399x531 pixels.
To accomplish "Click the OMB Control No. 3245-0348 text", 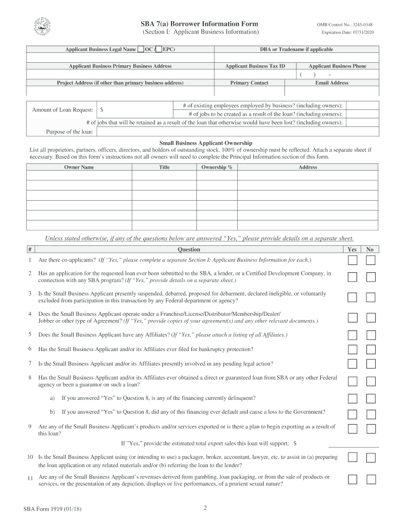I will pyautogui.click(x=345, y=25).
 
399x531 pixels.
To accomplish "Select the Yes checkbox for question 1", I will pyautogui.click(x=352, y=260).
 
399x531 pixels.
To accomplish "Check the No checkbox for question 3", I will pyautogui.click(x=370, y=297).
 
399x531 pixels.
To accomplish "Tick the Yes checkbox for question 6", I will pyautogui.click(x=352, y=349).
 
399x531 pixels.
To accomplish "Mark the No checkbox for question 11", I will pyautogui.click(x=370, y=479).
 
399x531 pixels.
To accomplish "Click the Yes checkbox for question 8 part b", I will pyautogui.click(x=352, y=414).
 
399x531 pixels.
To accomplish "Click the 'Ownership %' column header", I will pyautogui.click(x=217, y=167).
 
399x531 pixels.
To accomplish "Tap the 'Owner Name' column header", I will pyautogui.click(x=79, y=167).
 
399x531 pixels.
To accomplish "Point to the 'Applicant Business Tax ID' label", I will pyautogui.click(x=255, y=66).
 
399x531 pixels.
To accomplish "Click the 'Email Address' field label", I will pyautogui.click(x=332, y=82).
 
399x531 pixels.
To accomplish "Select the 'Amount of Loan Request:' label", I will pyautogui.click(x=63, y=110).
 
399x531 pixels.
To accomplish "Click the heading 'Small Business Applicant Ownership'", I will pyautogui.click(x=206, y=143).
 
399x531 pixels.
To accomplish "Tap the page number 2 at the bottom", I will pyautogui.click(x=205, y=508).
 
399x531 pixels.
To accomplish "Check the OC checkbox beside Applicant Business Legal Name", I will pyautogui.click(x=141, y=49).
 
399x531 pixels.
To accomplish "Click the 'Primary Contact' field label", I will pyautogui.click(x=249, y=82).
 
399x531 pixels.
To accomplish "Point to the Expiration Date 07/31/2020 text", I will pyautogui.click(x=347, y=33).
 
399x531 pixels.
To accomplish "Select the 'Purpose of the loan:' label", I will pyautogui.click(x=70, y=132).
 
